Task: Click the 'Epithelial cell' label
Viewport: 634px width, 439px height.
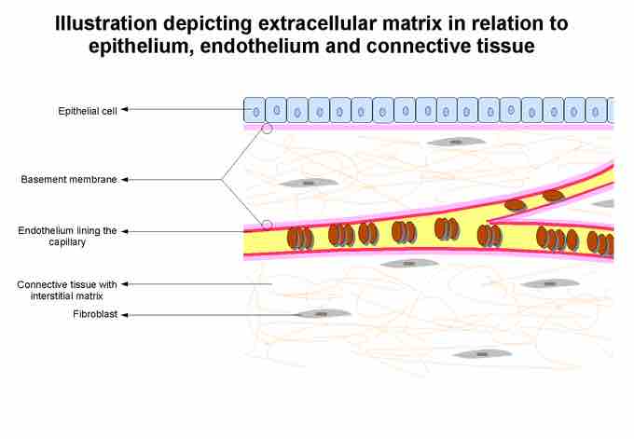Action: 88,111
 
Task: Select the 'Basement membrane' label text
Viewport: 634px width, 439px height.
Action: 69,179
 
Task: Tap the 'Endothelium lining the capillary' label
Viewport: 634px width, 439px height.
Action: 67,236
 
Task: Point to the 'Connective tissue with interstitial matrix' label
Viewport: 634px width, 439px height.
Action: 67,290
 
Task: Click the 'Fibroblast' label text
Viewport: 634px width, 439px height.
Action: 95,314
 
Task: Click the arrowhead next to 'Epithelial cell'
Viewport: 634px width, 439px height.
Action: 125,109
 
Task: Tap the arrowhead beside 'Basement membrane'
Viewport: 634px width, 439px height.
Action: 125,180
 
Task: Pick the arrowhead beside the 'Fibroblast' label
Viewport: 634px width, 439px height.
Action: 125,315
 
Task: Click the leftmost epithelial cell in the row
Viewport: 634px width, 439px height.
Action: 255,110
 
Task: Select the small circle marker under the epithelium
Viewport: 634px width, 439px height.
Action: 268,129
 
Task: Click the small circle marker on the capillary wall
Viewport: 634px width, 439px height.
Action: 268,226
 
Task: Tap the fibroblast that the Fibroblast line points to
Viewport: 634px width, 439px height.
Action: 323,313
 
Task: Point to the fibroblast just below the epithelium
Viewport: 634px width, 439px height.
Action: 456,142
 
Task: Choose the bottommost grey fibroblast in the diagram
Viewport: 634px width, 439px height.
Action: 482,354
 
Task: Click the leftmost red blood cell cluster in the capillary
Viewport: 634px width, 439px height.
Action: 300,239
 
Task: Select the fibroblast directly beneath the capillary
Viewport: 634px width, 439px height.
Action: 409,264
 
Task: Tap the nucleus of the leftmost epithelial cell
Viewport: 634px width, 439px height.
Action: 256,112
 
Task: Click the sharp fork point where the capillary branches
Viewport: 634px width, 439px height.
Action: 489,222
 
